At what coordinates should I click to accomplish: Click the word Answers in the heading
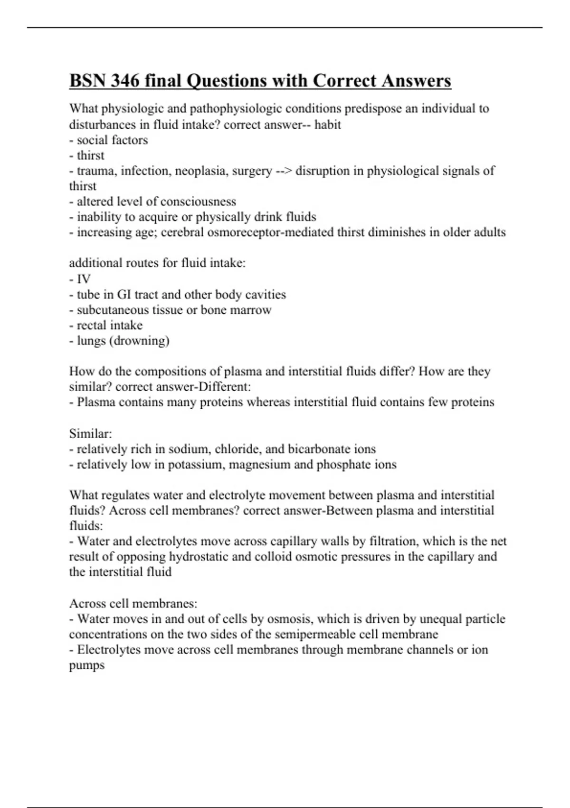413,81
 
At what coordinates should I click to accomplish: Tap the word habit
328,125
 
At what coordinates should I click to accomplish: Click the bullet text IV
84,279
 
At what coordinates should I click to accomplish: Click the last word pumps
87,665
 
